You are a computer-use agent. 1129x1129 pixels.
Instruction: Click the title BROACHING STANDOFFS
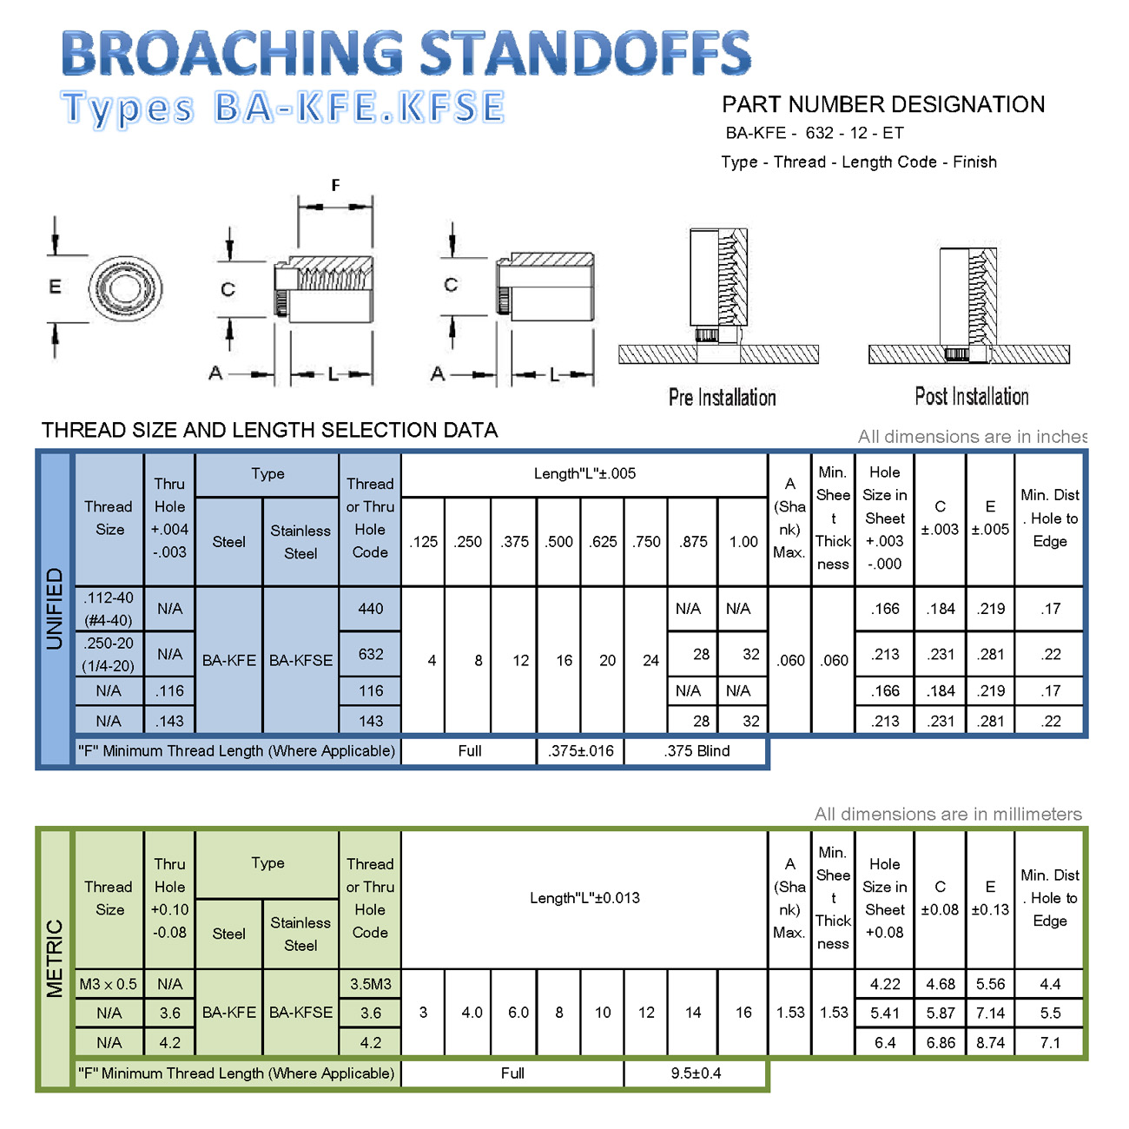click(406, 54)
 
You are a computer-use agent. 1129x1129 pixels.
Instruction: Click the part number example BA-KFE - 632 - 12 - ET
click(815, 133)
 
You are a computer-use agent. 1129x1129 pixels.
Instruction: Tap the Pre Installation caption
click(722, 398)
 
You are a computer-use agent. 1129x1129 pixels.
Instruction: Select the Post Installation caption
click(971, 397)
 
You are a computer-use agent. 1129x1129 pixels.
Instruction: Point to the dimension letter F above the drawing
click(335, 185)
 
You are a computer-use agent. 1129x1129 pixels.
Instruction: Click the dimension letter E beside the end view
click(55, 287)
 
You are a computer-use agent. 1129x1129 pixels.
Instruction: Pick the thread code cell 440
click(370, 609)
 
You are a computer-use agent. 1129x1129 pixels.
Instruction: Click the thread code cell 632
click(370, 654)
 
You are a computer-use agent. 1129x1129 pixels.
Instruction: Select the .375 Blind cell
click(697, 751)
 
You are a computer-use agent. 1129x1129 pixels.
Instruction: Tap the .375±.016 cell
click(580, 751)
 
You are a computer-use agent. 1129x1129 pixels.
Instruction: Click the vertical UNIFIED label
click(55, 608)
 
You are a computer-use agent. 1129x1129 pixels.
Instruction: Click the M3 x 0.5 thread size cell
click(109, 984)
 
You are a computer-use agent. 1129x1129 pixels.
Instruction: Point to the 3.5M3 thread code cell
click(370, 984)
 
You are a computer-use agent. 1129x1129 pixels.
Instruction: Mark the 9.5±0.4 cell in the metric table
click(696, 1073)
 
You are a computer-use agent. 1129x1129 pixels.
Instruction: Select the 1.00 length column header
click(743, 542)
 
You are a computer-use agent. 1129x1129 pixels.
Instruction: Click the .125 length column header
click(424, 542)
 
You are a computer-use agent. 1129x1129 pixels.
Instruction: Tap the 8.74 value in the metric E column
click(990, 1042)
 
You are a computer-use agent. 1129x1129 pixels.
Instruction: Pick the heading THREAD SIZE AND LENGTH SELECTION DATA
click(270, 430)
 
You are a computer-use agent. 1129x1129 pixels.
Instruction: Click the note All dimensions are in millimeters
click(947, 814)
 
